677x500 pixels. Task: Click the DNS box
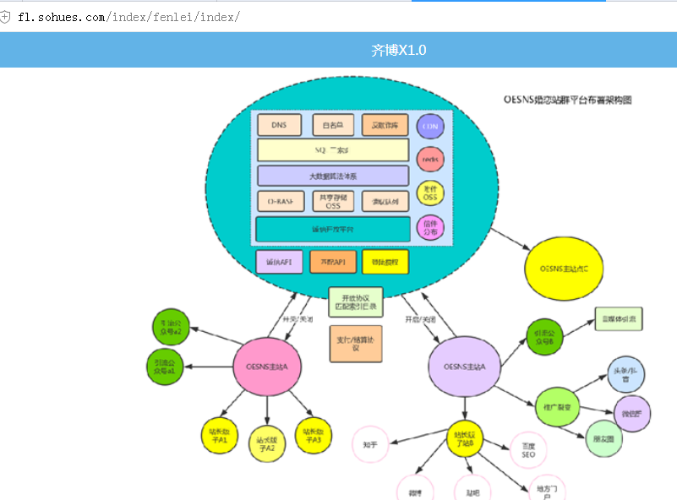point(279,125)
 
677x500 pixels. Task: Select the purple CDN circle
point(430,126)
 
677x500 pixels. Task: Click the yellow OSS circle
point(430,193)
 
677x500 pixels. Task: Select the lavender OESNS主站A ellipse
point(463,366)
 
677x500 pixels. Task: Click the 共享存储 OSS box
point(333,201)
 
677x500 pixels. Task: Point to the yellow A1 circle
point(220,436)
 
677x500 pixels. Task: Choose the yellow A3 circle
point(314,436)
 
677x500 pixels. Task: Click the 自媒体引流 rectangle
point(620,319)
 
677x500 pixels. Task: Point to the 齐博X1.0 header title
point(399,51)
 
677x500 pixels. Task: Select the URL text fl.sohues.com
point(61,17)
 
